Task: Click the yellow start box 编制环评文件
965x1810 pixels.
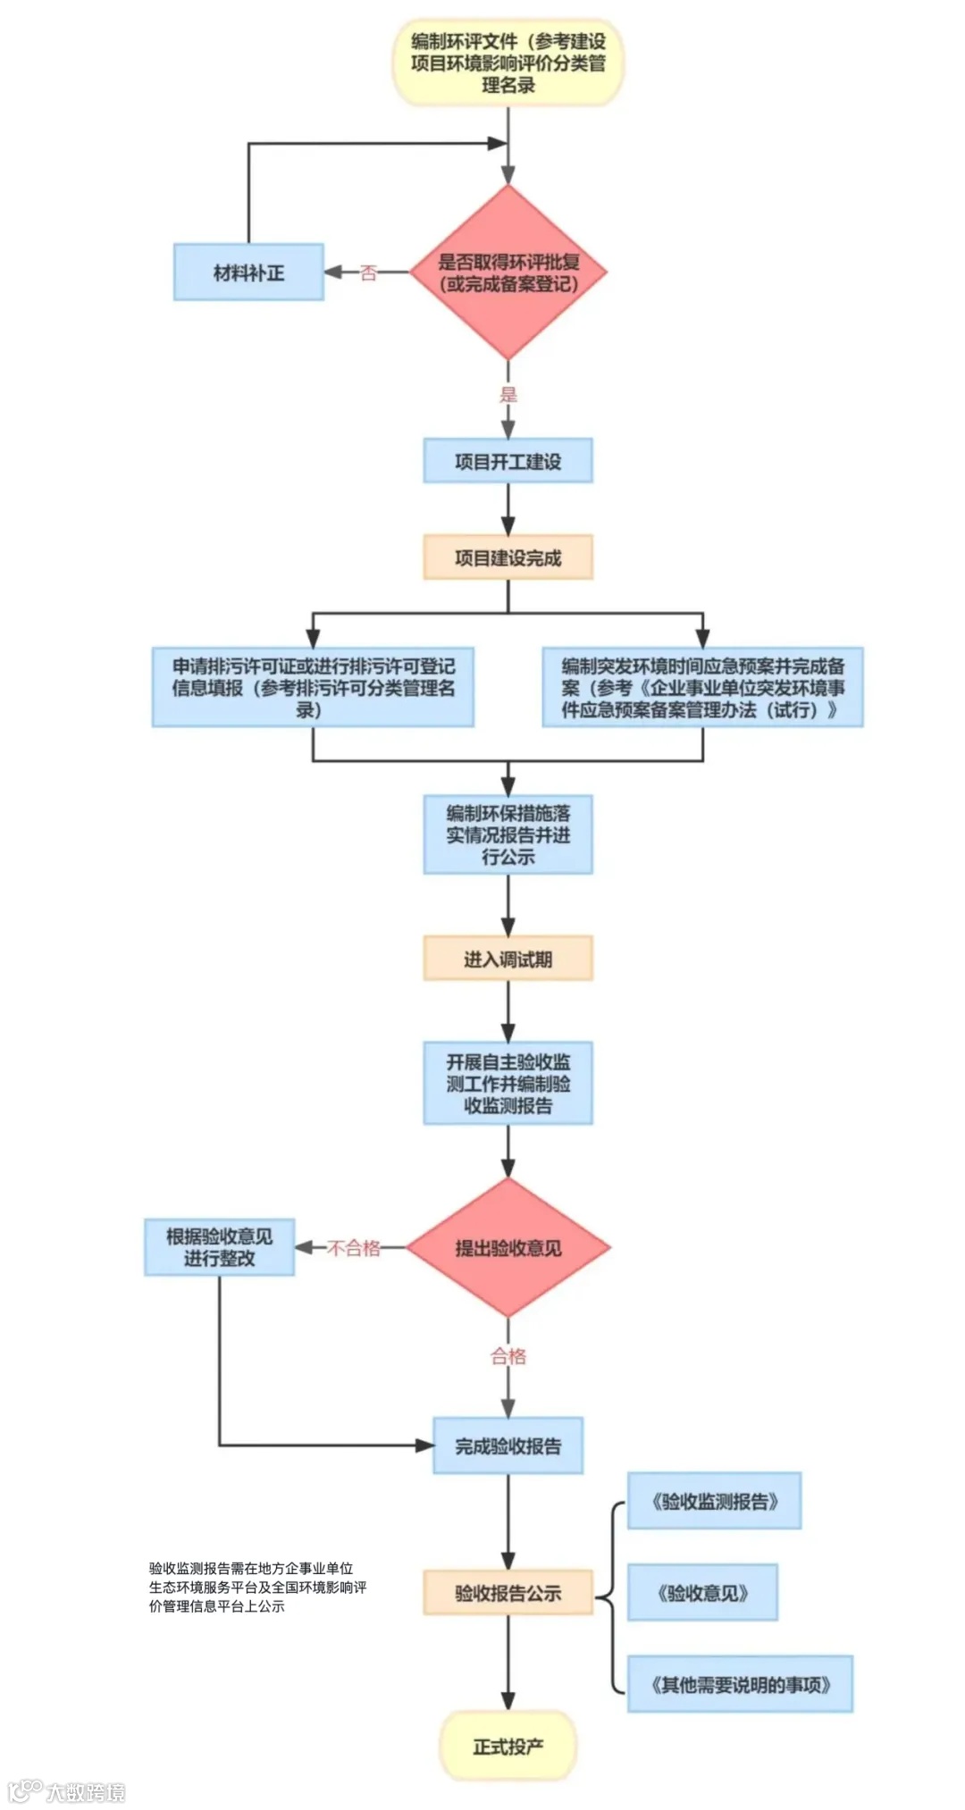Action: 508,63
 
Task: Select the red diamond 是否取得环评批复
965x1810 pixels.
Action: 508,272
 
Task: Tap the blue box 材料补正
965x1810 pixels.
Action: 248,272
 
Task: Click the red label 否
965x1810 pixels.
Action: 368,272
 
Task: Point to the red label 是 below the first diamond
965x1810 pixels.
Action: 508,394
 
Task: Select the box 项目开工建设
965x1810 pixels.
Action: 508,461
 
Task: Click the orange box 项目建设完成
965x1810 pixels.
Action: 508,557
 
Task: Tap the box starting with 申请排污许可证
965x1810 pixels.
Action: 313,687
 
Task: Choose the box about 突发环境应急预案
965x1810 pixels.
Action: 702,687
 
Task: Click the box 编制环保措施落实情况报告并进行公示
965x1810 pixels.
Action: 508,834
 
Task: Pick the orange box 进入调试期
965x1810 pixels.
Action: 508,959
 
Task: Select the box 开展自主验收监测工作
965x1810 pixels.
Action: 508,1083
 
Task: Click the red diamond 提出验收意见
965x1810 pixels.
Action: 508,1248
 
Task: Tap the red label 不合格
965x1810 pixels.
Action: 354,1248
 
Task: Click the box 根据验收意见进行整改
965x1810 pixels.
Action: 220,1247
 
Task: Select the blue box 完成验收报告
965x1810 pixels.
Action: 508,1445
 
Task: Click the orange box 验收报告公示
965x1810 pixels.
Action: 508,1592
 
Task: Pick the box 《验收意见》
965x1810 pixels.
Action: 702,1592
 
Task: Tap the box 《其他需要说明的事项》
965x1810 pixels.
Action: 740,1684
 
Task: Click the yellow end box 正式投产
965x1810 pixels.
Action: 508,1746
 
